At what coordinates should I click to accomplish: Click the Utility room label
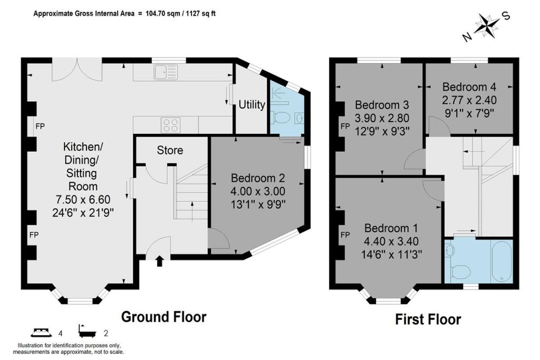252,104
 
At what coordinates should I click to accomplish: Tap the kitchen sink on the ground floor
166,72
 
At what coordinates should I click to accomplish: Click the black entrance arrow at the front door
159,261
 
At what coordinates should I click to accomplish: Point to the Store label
170,150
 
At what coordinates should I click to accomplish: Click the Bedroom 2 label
257,178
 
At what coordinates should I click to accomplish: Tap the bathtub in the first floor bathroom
502,261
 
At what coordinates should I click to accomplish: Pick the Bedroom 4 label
469,87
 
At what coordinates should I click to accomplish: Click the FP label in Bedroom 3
345,127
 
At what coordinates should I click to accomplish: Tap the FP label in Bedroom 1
345,235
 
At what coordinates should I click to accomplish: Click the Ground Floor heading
163,317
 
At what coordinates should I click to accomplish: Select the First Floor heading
428,319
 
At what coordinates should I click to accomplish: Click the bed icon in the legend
41,333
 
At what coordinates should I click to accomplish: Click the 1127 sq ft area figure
201,14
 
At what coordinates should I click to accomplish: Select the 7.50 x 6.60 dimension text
83,199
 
